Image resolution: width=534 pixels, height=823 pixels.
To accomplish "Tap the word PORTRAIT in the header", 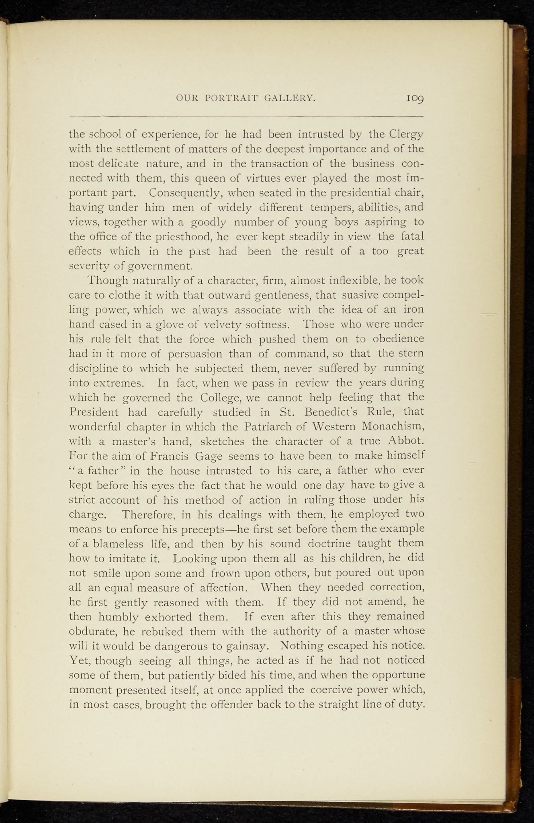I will click(231, 98).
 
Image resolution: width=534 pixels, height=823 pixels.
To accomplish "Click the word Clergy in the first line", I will click(406, 134).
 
